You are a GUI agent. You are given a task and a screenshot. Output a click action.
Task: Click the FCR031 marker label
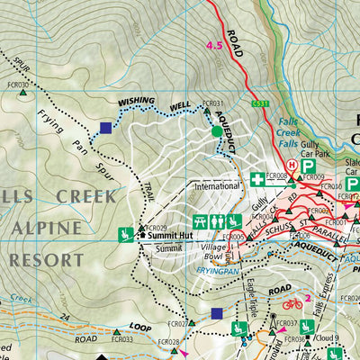[213, 103]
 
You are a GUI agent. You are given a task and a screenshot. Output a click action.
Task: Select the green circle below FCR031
[216, 132]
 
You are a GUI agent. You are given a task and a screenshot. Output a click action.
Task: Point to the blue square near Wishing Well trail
[106, 129]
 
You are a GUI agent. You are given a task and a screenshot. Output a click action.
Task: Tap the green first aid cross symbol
[257, 179]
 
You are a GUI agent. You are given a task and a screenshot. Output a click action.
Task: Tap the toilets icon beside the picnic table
[217, 220]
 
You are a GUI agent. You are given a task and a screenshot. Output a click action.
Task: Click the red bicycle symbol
[292, 304]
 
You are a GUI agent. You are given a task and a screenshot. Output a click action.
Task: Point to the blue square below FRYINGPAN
[216, 313]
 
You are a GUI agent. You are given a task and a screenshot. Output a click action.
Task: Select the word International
[219, 187]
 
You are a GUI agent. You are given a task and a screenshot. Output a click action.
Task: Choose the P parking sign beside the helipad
[308, 166]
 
